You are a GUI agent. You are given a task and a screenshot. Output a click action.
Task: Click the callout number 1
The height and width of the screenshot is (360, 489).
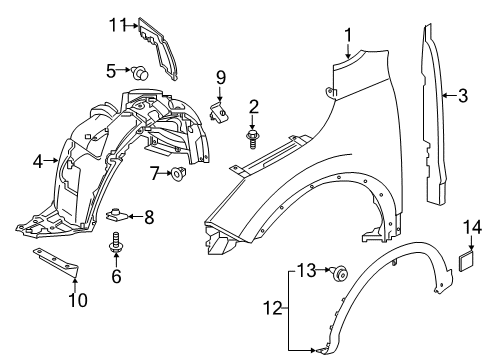pos(348,37)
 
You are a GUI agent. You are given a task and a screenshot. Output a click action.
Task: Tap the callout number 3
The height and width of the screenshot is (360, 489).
pos(464,97)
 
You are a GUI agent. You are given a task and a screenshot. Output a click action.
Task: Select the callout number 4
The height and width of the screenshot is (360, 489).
pos(37,160)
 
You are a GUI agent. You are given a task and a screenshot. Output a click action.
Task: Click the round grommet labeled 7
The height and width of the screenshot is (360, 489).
pos(178,176)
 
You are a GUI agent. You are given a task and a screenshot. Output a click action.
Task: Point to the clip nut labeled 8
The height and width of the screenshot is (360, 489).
pos(117,215)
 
